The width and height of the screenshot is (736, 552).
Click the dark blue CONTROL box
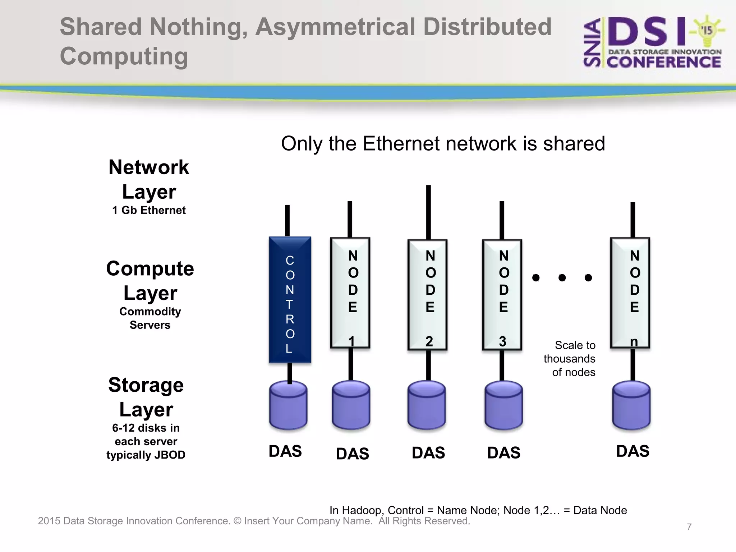[x=290, y=300]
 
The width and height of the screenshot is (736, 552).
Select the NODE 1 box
[x=350, y=293]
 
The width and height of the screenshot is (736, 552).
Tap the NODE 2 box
[x=427, y=295]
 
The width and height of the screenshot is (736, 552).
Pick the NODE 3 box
[x=502, y=295]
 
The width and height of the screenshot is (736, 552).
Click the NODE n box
[x=630, y=293]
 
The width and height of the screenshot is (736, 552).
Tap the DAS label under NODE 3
[x=503, y=452]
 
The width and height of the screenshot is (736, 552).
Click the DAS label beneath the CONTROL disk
[x=285, y=451]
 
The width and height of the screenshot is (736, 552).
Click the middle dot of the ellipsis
[x=562, y=277]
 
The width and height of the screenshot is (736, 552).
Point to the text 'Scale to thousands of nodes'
[x=570, y=359]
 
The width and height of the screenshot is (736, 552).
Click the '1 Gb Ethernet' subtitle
[x=149, y=210]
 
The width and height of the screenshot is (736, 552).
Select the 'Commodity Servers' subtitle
[x=150, y=318]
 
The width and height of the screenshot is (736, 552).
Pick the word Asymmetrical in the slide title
[x=335, y=27]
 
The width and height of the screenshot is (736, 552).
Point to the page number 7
[x=689, y=527]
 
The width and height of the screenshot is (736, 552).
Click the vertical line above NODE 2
[x=428, y=212]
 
